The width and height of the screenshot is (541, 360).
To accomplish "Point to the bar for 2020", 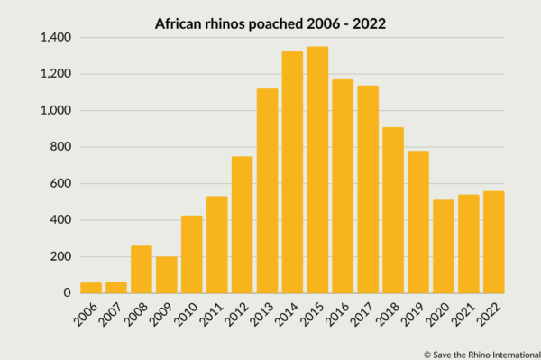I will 443,246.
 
